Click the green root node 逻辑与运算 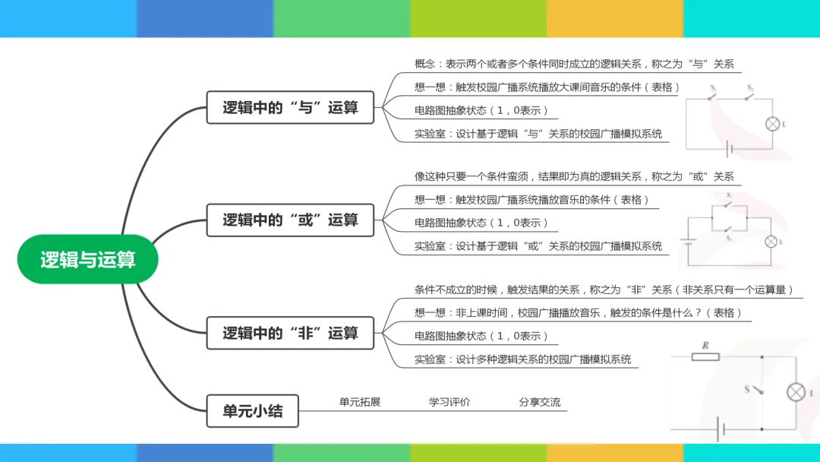pyautogui.click(x=87, y=259)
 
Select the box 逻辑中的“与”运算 pyautogui.click(x=290, y=107)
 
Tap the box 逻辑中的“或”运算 pyautogui.click(x=290, y=220)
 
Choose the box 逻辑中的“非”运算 pyautogui.click(x=290, y=333)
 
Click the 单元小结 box pyautogui.click(x=252, y=411)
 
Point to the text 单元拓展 pyautogui.click(x=360, y=402)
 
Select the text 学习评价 pyautogui.click(x=449, y=402)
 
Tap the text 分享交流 pyautogui.click(x=540, y=402)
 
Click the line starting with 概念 pyautogui.click(x=574, y=65)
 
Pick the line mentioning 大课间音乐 pyautogui.click(x=547, y=87)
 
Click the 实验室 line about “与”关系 pyautogui.click(x=538, y=134)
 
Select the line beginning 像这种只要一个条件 pyautogui.click(x=574, y=176)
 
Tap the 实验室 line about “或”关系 pyautogui.click(x=538, y=245)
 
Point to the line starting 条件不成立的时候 pyautogui.click(x=604, y=290)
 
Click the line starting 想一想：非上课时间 pyautogui.click(x=578, y=312)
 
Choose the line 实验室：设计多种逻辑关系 pyautogui.click(x=522, y=359)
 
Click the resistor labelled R pyautogui.click(x=705, y=356)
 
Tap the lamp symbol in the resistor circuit pyautogui.click(x=795, y=392)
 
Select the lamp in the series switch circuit pyautogui.click(x=773, y=124)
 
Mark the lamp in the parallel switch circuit pyautogui.click(x=771, y=242)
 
